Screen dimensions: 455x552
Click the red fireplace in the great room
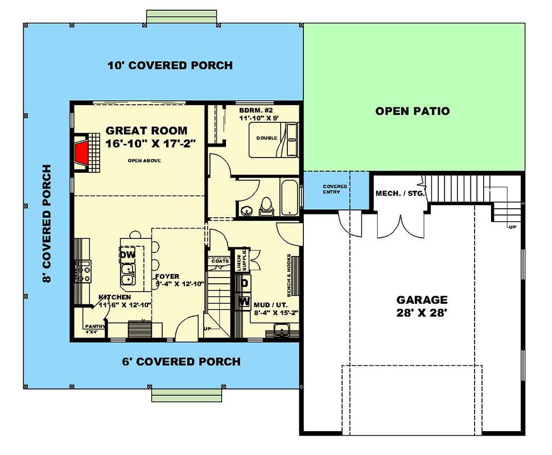click(x=83, y=152)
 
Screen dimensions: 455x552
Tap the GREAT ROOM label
click(x=147, y=131)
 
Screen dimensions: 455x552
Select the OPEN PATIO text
click(x=412, y=111)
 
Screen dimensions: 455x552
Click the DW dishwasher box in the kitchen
click(x=127, y=255)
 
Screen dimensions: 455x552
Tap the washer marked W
click(x=244, y=301)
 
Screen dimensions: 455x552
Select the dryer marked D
click(x=244, y=283)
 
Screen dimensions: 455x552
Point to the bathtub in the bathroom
click(x=290, y=197)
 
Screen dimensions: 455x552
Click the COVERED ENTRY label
click(x=335, y=189)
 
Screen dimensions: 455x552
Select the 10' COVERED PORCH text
click(x=170, y=65)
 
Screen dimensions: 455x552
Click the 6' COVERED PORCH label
click(x=182, y=362)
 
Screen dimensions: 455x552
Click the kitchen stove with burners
click(x=84, y=272)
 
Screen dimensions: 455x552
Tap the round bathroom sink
click(x=247, y=212)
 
